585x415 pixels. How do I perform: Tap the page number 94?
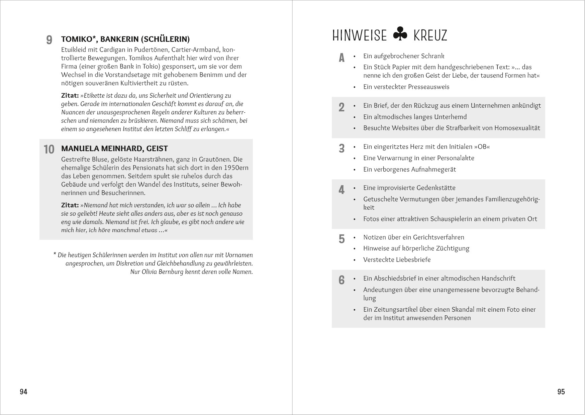[23, 392]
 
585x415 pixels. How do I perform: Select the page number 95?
[561, 392]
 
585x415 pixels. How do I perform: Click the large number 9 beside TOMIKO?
[49, 40]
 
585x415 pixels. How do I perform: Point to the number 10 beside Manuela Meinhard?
[49, 149]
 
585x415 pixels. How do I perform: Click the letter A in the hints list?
[342, 58]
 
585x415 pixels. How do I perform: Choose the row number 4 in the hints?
[342, 190]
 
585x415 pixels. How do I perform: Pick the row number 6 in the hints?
[342, 280]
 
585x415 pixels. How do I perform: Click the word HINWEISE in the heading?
[359, 35]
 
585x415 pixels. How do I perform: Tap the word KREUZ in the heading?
[430, 35]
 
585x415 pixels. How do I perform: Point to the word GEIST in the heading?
[157, 148]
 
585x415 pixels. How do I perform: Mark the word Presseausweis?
[428, 87]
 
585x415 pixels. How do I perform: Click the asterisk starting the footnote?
[55, 254]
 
